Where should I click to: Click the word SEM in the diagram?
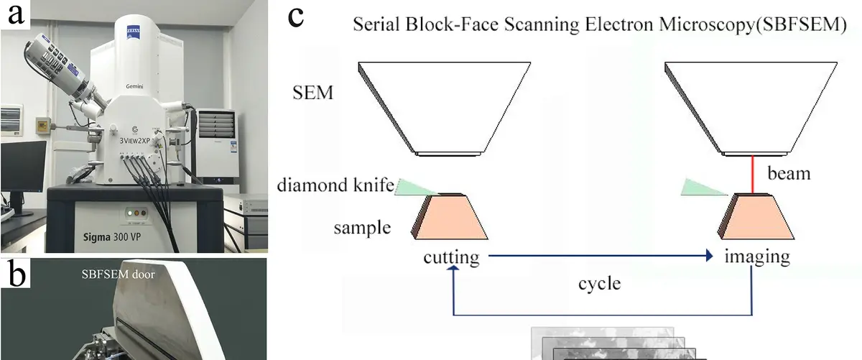click(313, 93)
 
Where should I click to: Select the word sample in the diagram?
click(362, 229)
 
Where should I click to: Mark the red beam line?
click(752, 175)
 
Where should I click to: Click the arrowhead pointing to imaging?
click(710, 256)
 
